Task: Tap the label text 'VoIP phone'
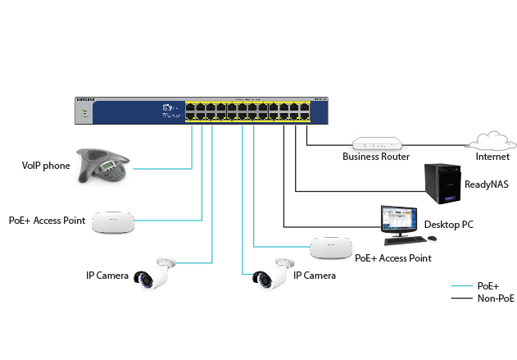click(x=46, y=166)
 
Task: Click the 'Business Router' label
click(x=376, y=156)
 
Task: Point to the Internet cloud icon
click(x=490, y=141)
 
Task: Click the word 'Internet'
click(x=492, y=156)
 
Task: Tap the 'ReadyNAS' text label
click(x=487, y=185)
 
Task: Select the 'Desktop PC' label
click(x=448, y=224)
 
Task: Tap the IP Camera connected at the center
click(x=272, y=273)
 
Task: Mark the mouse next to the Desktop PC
click(x=433, y=239)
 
